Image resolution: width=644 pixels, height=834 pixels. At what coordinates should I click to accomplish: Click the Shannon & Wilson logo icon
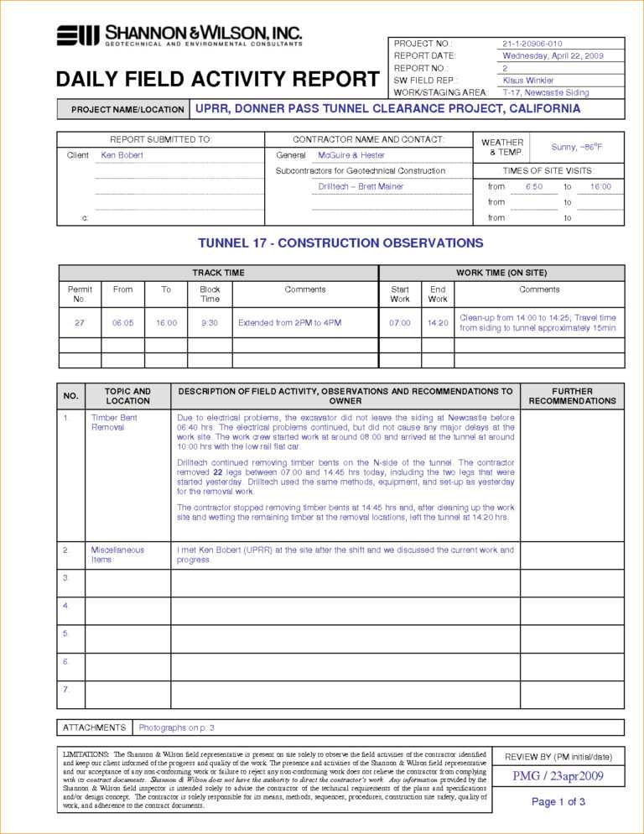click(78, 35)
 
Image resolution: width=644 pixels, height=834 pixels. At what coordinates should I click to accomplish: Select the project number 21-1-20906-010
click(532, 44)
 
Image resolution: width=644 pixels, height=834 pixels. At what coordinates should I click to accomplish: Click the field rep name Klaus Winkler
click(528, 80)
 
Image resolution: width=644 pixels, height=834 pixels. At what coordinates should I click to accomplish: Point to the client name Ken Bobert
click(122, 155)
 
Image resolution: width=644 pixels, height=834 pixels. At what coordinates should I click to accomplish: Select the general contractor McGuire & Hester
click(351, 155)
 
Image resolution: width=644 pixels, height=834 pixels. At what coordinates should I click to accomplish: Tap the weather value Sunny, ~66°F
click(577, 147)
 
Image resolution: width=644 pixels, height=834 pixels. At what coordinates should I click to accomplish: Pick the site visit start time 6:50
click(534, 186)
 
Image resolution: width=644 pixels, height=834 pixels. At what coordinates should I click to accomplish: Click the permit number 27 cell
click(80, 322)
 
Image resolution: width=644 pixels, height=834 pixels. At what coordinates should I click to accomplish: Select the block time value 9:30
click(210, 322)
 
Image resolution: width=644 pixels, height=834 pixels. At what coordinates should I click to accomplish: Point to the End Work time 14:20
click(438, 322)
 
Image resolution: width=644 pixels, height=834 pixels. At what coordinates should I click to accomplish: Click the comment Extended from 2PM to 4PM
click(289, 322)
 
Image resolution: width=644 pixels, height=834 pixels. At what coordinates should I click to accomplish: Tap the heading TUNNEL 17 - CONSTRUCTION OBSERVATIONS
click(340, 243)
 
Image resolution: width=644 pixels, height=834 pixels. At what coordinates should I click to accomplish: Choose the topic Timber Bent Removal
click(114, 422)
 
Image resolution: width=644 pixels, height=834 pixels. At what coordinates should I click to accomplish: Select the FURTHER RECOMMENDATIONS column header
click(572, 396)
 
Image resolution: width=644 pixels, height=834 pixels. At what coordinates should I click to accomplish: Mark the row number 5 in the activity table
click(65, 633)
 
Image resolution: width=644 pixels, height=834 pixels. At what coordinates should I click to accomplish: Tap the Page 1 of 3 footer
click(558, 802)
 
